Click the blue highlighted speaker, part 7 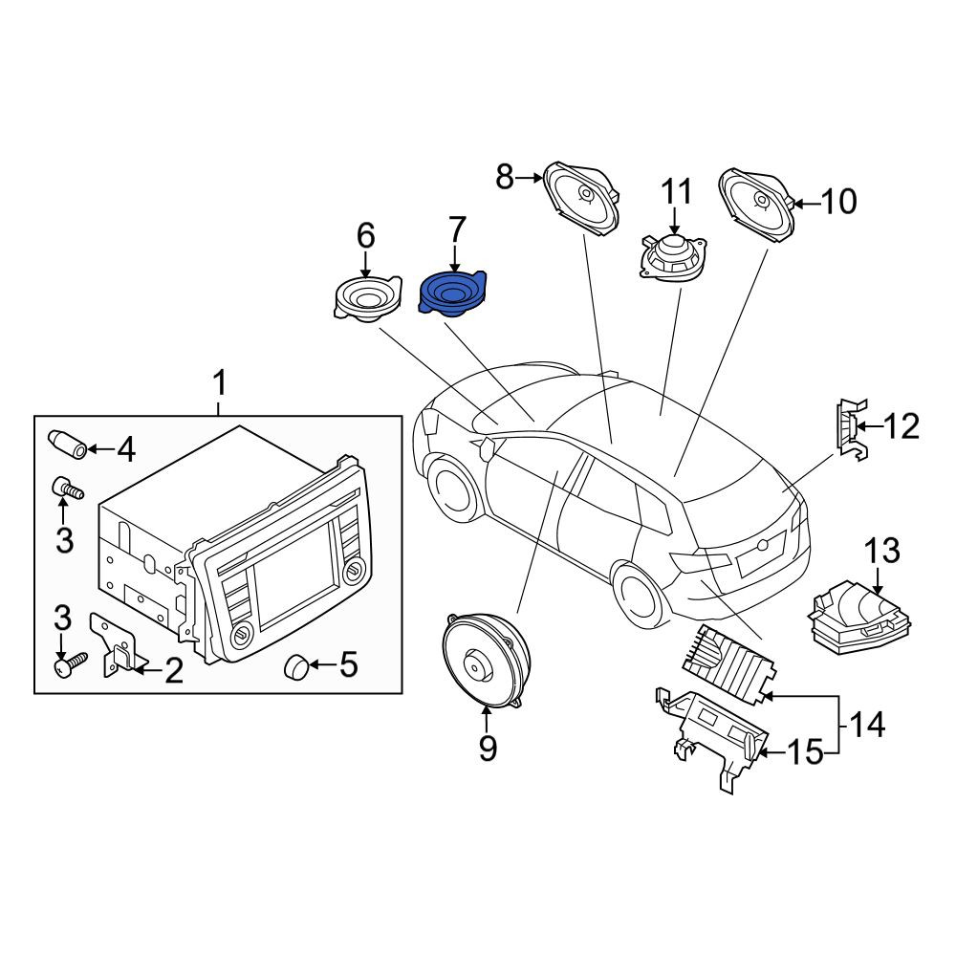tap(452, 293)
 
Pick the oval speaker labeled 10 tap(757, 206)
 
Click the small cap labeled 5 tap(296, 665)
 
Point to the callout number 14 tap(866, 726)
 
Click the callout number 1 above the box tap(220, 383)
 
